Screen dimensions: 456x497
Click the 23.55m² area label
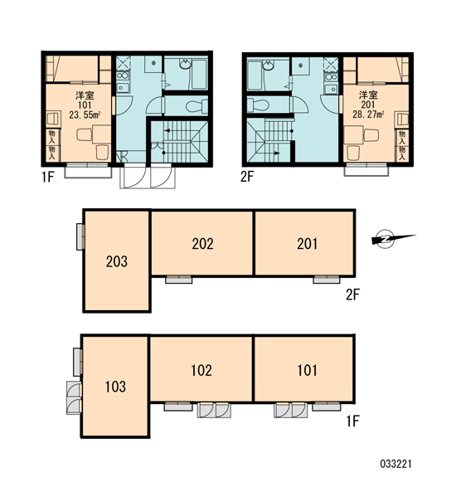point(85,115)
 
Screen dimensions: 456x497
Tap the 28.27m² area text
point(368,115)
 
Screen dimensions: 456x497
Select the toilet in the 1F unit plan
point(196,106)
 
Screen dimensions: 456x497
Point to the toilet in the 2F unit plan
point(258,105)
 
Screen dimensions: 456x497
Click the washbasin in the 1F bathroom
point(185,64)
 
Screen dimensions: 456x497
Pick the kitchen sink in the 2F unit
point(331,89)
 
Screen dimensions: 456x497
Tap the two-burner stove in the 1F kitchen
point(123,76)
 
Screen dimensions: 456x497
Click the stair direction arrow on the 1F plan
point(167,130)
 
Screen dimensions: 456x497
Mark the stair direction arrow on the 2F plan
point(276,153)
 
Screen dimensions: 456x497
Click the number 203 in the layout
point(117,261)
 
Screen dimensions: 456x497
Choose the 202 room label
point(202,244)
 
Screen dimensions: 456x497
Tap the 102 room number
point(201,370)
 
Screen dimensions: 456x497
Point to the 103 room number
point(115,387)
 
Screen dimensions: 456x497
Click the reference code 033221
point(395,464)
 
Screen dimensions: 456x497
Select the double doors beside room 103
point(75,397)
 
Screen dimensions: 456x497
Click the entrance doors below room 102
point(214,410)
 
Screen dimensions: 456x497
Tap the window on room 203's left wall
point(80,236)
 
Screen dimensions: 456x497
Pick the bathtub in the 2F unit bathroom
point(254,76)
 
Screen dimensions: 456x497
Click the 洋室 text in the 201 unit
point(368,95)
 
